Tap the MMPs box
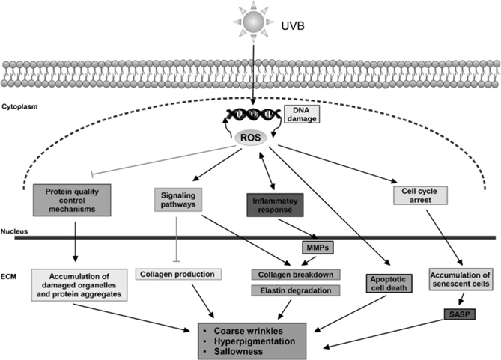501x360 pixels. [314, 247]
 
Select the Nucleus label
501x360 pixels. [15, 231]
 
